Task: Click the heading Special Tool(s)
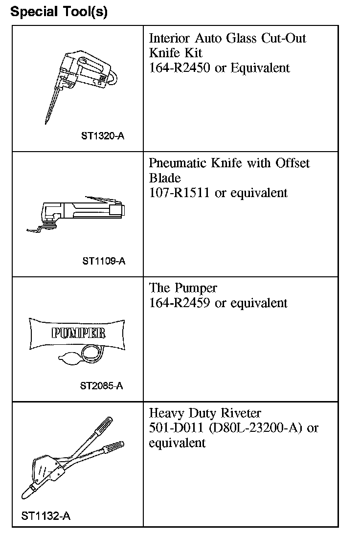tap(59, 12)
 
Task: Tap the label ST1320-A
tap(103, 135)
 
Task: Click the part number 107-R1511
tap(179, 193)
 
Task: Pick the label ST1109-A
tap(104, 261)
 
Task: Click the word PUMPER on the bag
tap(78, 333)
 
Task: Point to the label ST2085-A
tap(101, 386)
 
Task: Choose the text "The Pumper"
tap(183, 288)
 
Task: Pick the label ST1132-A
tap(46, 515)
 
